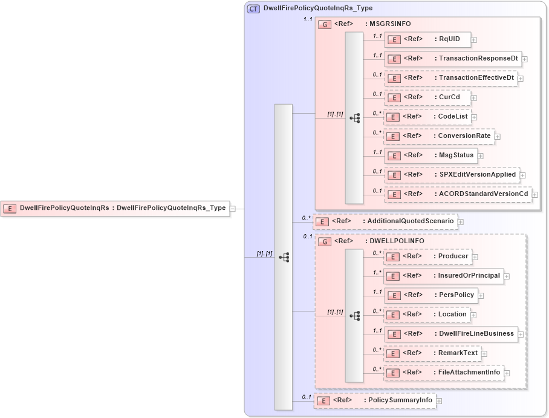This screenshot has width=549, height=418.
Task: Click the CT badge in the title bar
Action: click(x=254, y=8)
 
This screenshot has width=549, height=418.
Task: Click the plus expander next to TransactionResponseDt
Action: click(x=525, y=59)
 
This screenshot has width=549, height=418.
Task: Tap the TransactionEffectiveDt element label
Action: click(x=476, y=77)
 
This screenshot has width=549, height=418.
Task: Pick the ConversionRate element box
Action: click(x=439, y=136)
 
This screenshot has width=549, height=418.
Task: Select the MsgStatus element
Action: click(x=430, y=155)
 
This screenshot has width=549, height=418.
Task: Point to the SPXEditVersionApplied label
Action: click(x=477, y=174)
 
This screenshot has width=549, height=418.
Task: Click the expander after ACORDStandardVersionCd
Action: click(x=534, y=195)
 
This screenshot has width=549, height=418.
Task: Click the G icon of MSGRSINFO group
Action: click(x=325, y=24)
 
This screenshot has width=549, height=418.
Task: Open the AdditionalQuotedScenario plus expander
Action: click(x=461, y=222)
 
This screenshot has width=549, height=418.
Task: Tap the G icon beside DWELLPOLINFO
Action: click(x=325, y=241)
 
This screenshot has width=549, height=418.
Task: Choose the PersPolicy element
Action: click(x=430, y=295)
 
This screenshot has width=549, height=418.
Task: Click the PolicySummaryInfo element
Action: click(x=374, y=400)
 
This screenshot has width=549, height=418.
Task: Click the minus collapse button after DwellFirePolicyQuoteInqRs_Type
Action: click(x=233, y=208)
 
